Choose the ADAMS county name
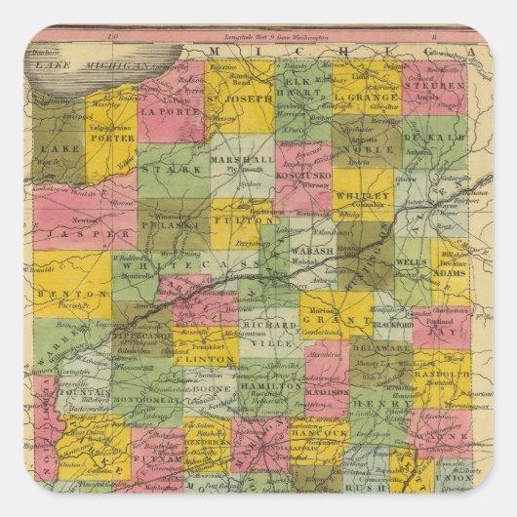pyautogui.click(x=450, y=276)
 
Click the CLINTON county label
pyautogui.click(x=205, y=359)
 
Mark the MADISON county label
pyautogui.click(x=326, y=387)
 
